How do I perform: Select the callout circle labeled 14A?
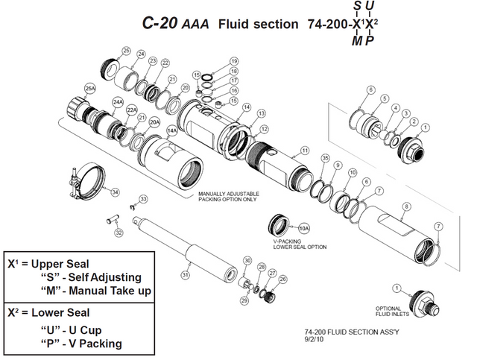pyautogui.click(x=171, y=130)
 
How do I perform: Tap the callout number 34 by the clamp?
pyautogui.click(x=114, y=192)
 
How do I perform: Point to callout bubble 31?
pyautogui.click(x=186, y=274)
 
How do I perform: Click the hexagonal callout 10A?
pyautogui.click(x=303, y=227)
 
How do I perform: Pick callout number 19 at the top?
pyautogui.click(x=233, y=60)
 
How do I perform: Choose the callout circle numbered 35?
pyautogui.click(x=324, y=158)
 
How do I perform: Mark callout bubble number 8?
pyautogui.click(x=407, y=206)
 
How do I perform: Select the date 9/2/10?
pyautogui.click(x=315, y=340)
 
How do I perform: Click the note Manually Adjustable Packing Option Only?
pyautogui.click(x=228, y=197)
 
